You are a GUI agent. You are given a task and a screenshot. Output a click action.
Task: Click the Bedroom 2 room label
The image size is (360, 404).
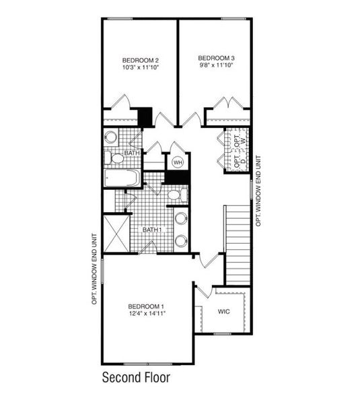(x=140, y=59)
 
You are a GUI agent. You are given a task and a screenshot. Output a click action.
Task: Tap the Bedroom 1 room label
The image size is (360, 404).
(x=146, y=304)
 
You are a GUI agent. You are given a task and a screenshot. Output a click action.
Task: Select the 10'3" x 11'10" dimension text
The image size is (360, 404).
(x=140, y=67)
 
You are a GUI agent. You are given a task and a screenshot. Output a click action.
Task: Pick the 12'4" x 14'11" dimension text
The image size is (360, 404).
(x=147, y=313)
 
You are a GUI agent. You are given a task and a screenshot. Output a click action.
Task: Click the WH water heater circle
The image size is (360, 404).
(x=178, y=162)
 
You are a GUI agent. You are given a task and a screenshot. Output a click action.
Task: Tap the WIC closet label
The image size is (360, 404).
(x=224, y=312)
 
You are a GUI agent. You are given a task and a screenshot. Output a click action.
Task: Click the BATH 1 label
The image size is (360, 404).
(x=151, y=230)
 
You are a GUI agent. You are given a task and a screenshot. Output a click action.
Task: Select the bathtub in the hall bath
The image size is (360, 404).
(x=122, y=178)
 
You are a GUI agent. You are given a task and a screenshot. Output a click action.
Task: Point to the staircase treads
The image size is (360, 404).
(x=237, y=246)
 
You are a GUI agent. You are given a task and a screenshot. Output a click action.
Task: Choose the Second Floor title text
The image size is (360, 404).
(x=135, y=377)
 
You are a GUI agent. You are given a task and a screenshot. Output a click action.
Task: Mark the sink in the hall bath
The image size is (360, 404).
(x=111, y=137)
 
